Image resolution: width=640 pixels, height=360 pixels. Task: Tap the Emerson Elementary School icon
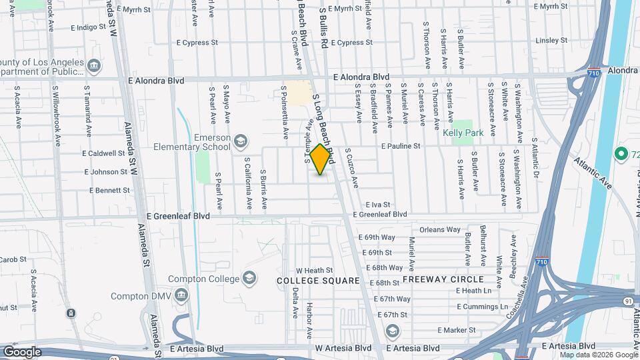tap(241, 141)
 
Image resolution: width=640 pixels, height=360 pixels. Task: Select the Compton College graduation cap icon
tap(249, 277)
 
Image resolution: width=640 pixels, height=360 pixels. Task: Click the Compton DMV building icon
tap(181, 295)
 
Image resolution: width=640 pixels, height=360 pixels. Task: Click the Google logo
tap(22, 351)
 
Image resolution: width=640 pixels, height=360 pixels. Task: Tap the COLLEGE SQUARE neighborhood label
tap(319, 281)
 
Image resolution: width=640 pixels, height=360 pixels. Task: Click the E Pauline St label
tap(401, 146)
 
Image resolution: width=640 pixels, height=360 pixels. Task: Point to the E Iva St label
tap(377, 205)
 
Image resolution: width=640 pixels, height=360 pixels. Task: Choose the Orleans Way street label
tap(440, 230)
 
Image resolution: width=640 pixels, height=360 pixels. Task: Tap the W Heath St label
tap(314, 270)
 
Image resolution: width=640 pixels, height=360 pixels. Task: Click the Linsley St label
tap(551, 41)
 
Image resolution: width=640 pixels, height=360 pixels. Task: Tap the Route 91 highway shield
tap(628, 301)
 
